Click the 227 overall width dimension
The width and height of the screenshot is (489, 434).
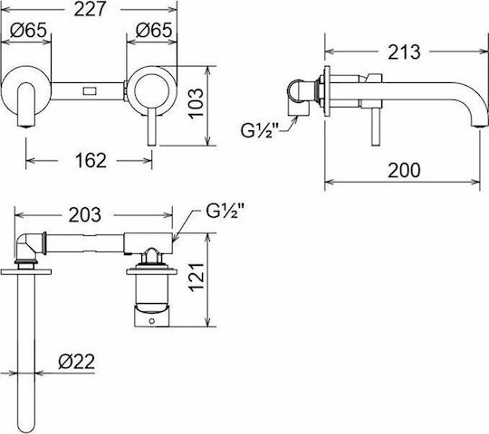pos(91,9)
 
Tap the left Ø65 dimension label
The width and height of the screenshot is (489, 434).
pos(28,30)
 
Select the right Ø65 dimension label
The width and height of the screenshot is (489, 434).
pos(154,30)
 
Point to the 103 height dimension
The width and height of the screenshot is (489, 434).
pos(197,104)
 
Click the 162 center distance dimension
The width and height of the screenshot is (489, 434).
pos(91,161)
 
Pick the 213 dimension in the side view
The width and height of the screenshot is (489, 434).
pos(404,52)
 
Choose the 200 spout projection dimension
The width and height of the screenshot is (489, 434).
pos(404,170)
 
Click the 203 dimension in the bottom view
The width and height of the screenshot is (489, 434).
pos(85,215)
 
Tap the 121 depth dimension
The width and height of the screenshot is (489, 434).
pos(197,277)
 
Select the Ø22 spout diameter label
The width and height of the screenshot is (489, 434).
pos(76,362)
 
